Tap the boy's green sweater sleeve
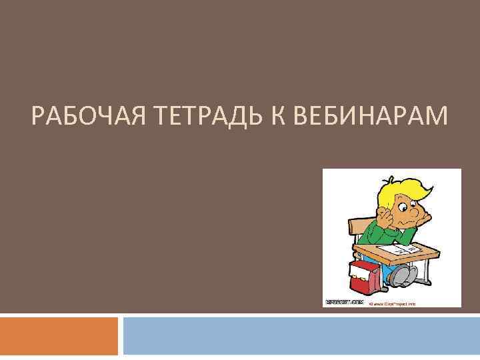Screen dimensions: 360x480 coord(377,230)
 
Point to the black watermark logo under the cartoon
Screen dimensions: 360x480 coord(344,302)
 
